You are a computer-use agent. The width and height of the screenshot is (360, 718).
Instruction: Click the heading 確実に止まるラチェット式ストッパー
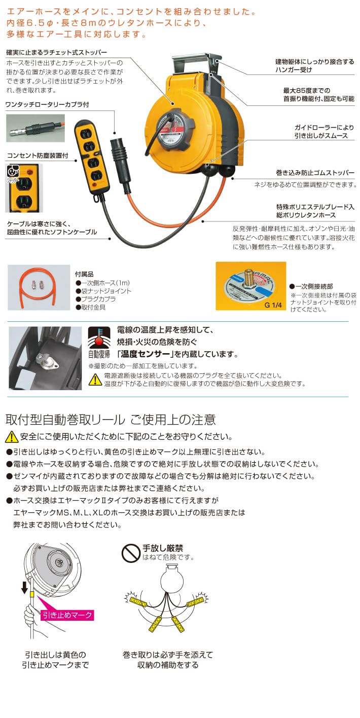(56, 53)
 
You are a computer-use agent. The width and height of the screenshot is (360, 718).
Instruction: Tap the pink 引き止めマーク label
(67, 615)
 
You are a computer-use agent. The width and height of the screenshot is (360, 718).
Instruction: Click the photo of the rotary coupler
(36, 128)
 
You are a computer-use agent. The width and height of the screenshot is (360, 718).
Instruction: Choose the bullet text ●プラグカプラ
(97, 299)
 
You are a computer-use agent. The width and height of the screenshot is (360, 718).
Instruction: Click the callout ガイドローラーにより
(325, 127)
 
